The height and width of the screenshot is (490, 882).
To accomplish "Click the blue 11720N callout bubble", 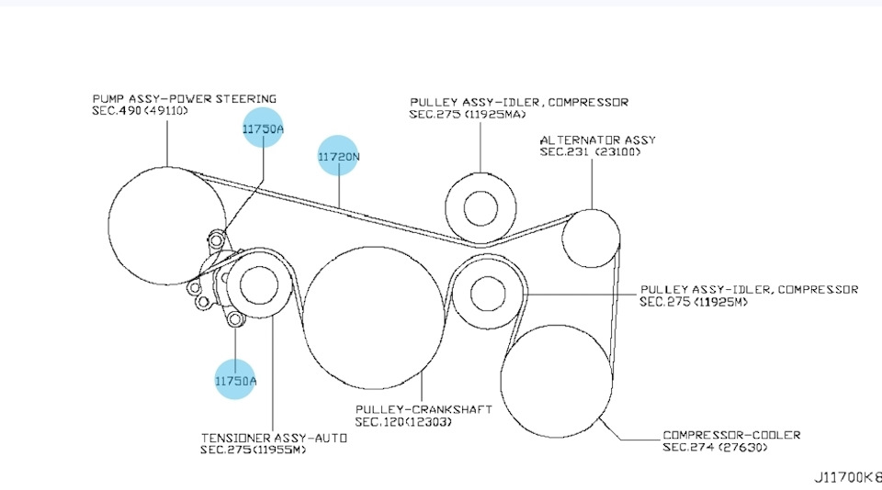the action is (x=337, y=155).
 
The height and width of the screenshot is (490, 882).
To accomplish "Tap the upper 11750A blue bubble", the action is (x=263, y=128).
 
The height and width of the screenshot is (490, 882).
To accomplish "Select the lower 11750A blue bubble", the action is (x=235, y=379).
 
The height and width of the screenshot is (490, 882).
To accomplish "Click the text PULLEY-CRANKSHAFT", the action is (x=424, y=409).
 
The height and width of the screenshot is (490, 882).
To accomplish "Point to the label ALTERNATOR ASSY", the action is (x=598, y=139).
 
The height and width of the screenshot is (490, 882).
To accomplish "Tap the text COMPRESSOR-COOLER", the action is (x=731, y=435).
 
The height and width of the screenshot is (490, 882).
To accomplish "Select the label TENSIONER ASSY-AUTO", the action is (x=274, y=438).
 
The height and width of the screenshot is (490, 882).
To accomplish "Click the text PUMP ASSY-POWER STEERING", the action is (x=185, y=98).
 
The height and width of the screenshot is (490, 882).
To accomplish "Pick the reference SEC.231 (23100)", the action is (x=590, y=151).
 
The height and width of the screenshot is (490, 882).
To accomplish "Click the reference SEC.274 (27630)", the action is (x=715, y=447).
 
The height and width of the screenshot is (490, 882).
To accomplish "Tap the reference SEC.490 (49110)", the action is (x=140, y=111).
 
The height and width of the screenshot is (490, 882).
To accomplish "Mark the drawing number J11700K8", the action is (x=848, y=477).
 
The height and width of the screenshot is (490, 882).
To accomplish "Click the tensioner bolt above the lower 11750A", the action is (x=235, y=319).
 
